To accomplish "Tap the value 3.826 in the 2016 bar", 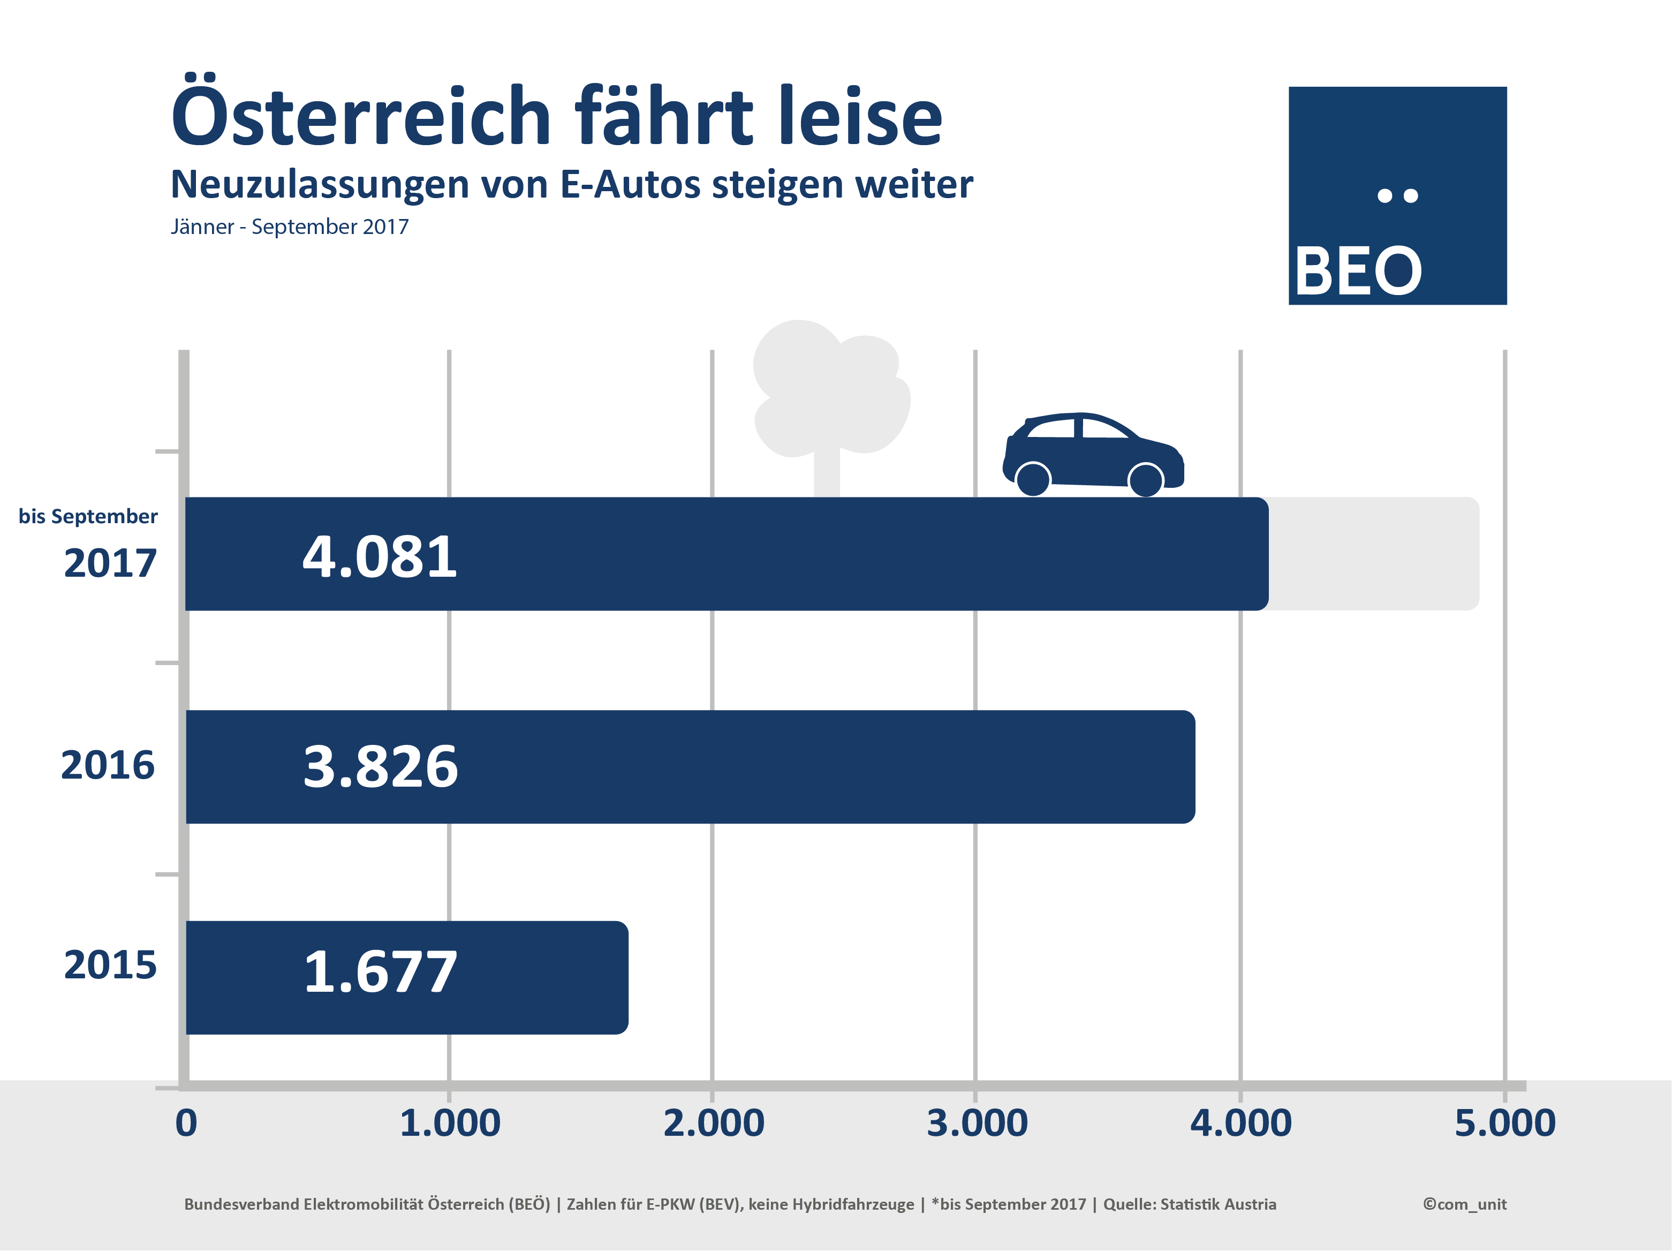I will point(380,767).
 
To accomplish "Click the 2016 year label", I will point(107,765).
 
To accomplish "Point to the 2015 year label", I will point(110,965).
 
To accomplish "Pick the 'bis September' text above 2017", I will point(88,516).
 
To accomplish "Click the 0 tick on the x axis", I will point(186,1123).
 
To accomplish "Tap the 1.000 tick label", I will point(450,1123).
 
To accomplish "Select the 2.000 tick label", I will point(714,1123).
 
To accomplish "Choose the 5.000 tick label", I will point(1505,1123).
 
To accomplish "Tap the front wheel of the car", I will point(1145,479).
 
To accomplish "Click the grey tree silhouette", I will point(828,393).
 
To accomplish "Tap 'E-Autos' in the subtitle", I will point(630,184).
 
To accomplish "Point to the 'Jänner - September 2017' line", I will point(290,227).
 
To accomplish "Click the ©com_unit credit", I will point(1464,1204).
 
